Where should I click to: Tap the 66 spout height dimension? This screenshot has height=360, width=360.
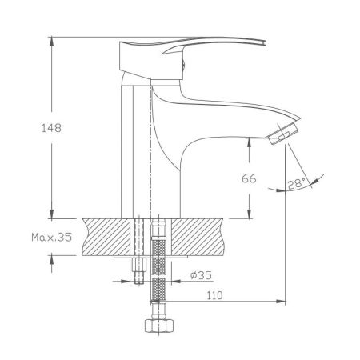click(x=248, y=178)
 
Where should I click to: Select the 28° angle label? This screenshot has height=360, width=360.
click(x=295, y=184)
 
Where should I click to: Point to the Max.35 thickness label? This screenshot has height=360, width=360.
click(x=53, y=237)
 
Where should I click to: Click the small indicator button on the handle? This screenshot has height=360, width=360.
click(x=186, y=54)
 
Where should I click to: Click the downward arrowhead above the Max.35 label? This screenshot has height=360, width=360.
click(x=52, y=213)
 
